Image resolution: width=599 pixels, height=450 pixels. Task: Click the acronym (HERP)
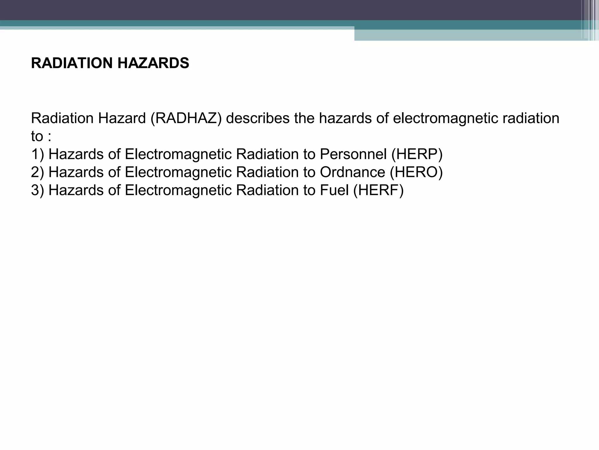tap(417, 154)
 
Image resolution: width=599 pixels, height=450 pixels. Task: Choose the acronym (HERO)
tap(416, 172)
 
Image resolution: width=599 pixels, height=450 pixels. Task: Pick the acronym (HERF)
tap(378, 190)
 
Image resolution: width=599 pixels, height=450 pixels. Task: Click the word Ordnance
tap(352, 172)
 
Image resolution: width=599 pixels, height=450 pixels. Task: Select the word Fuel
tap(334, 190)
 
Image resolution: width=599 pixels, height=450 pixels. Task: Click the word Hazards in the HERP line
tap(76, 154)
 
